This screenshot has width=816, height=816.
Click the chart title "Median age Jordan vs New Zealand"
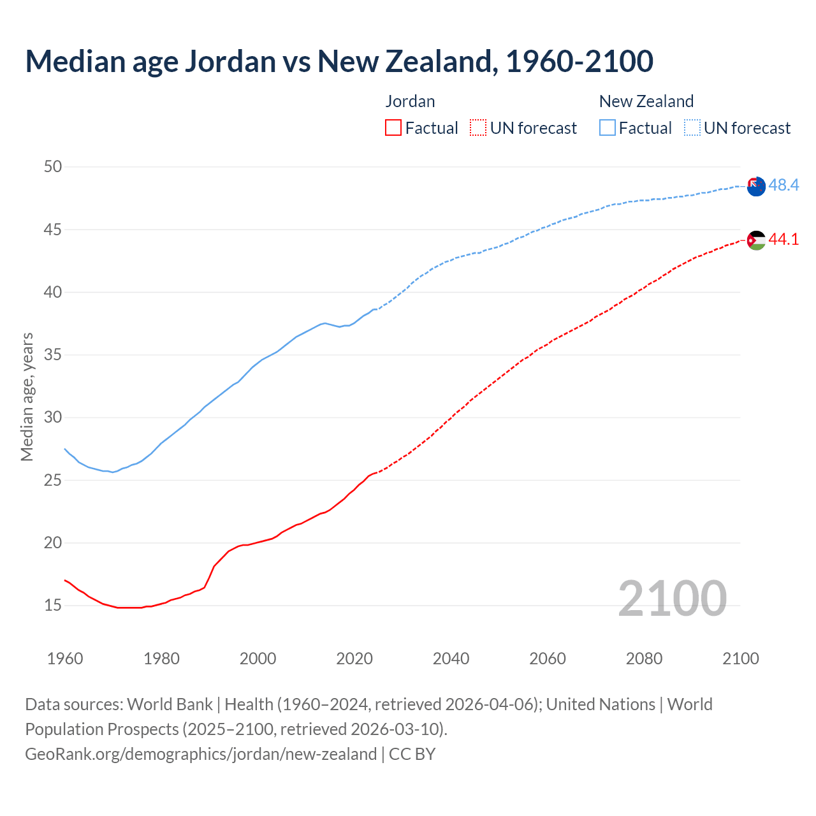[339, 61]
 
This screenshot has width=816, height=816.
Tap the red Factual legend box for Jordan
[393, 128]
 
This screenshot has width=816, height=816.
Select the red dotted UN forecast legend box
[478, 128]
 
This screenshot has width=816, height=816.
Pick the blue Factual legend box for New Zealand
[608, 128]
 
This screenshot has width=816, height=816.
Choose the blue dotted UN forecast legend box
[692, 128]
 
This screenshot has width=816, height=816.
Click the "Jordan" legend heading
[410, 101]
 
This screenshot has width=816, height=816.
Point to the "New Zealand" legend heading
[646, 101]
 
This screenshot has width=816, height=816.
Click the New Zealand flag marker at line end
[756, 187]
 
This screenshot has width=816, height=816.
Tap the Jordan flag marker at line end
[756, 240]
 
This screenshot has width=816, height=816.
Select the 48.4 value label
[783, 185]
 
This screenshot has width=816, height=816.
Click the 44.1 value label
[783, 239]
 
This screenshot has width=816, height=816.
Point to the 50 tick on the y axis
[53, 166]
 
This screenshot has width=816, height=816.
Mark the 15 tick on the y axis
[53, 605]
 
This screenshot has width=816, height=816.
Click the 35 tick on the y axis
[53, 354]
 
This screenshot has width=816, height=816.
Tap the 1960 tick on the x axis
[65, 659]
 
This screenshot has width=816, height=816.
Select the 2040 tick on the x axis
[451, 659]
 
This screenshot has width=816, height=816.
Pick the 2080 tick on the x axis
[644, 659]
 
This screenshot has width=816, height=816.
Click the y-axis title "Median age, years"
[27, 397]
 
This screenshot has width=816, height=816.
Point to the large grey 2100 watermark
[672, 598]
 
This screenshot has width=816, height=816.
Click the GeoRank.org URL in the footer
[201, 754]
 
